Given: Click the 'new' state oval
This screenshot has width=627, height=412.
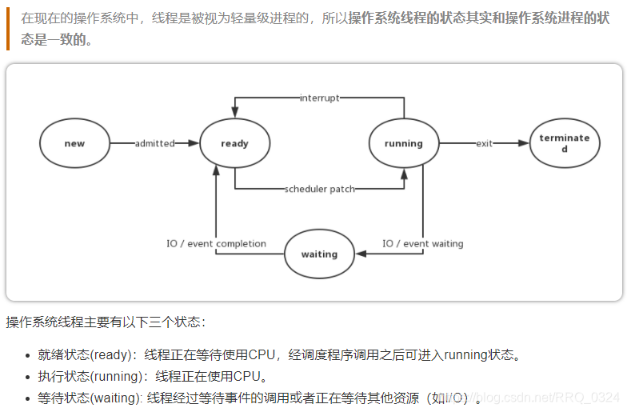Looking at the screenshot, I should [74, 144].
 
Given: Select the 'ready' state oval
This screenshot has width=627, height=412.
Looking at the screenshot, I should [234, 144].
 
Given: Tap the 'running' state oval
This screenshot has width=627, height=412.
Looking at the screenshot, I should [403, 144].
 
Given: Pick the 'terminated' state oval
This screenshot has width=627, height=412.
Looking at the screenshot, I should [564, 144].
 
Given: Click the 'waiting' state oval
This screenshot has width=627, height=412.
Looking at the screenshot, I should [319, 254].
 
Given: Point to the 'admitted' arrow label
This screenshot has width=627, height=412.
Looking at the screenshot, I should [154, 144].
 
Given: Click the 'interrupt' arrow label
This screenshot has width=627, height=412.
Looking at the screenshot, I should [319, 98].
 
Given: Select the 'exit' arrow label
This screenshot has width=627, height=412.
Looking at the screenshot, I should [484, 144].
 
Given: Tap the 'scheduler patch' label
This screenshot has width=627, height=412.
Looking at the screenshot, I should [319, 190].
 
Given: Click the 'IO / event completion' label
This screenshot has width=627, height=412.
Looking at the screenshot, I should [216, 244].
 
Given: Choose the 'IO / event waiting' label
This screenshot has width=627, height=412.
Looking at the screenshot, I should [422, 244].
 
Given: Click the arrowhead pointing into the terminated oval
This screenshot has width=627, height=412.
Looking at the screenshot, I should [525, 144].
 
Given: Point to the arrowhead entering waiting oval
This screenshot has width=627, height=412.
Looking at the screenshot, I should [360, 254].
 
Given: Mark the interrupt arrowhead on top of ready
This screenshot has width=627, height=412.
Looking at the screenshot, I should [234, 111].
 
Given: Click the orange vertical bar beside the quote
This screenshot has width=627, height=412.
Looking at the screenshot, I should [7, 29].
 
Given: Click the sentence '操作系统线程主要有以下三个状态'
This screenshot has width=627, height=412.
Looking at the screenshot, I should [104, 322].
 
